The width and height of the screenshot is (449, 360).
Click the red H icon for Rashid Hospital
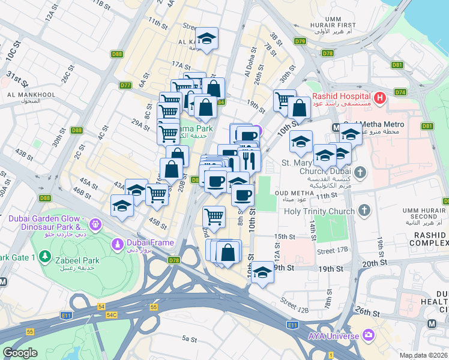click(379, 97)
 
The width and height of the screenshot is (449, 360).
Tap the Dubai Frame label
click(149, 243)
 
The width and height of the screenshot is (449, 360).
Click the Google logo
click(20, 353)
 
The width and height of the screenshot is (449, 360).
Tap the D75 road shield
click(300, 41)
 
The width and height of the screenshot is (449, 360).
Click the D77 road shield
click(125, 85)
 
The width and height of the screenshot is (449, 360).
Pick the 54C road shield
click(111, 314)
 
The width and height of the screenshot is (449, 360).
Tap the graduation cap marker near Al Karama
click(206, 39)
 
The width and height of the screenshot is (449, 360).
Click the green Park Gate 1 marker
click(44, 257)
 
